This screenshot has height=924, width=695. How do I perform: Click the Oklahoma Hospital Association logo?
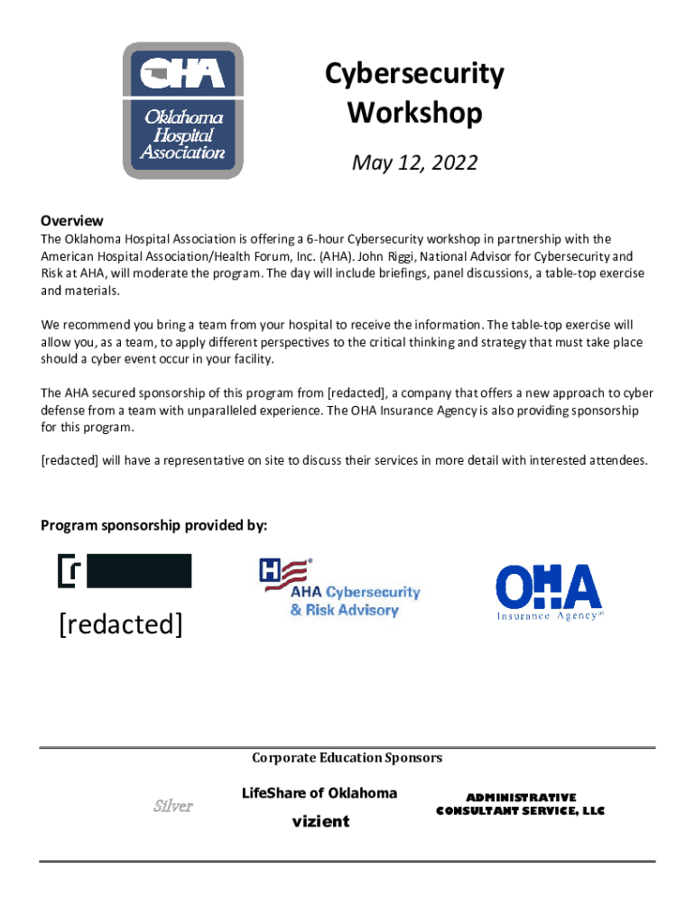pos(183,110)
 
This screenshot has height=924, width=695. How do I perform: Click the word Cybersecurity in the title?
pos(414,74)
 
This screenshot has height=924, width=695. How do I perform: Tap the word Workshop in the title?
pos(414,115)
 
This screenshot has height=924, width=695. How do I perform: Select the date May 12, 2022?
pos(414,163)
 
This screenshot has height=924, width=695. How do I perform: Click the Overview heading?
pos(72,221)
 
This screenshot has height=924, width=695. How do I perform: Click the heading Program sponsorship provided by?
pos(154,526)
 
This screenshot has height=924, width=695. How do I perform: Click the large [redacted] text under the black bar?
pos(121,624)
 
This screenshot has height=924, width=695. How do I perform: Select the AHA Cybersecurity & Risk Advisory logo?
pos(340,588)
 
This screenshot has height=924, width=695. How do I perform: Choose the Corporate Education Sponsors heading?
pos(347,758)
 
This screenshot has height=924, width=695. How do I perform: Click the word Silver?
pos(171,806)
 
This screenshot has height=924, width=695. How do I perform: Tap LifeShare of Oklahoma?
pos(320,793)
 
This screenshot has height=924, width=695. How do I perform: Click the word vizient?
pos(320,822)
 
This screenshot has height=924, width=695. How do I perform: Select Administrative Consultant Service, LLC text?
pos(520,804)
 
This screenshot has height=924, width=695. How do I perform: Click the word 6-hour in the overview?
pos(325,239)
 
